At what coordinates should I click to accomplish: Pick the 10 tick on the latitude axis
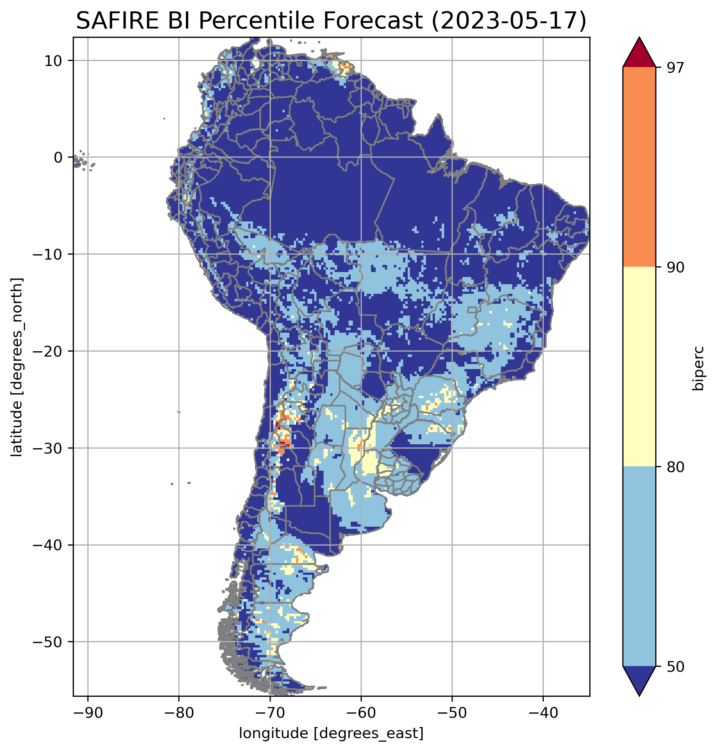click(54, 61)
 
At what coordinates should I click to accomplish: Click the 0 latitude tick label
click(59, 158)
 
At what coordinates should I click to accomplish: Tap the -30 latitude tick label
click(48, 448)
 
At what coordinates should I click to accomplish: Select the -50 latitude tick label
click(48, 643)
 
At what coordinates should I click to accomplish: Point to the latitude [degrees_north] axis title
click(17, 367)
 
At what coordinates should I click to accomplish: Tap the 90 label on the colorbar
click(675, 267)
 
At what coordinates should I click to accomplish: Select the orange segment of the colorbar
click(639, 167)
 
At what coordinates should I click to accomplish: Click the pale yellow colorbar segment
click(639, 366)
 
